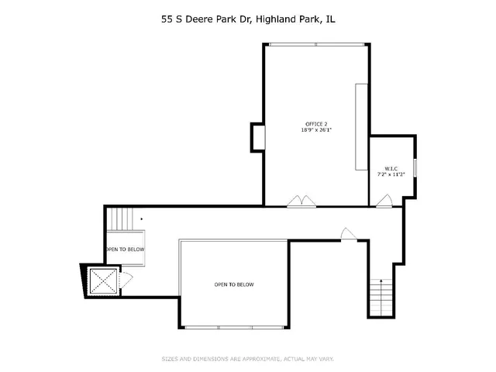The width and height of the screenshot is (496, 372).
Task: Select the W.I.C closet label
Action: click(x=391, y=168)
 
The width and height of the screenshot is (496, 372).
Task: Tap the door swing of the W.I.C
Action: click(x=384, y=202)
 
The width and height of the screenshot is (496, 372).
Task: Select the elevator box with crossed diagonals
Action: click(x=102, y=281)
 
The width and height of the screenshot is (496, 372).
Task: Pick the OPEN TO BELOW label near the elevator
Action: click(x=125, y=250)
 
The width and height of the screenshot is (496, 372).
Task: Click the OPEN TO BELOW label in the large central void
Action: click(x=234, y=284)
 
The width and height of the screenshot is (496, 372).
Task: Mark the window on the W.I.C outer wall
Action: click(x=415, y=167)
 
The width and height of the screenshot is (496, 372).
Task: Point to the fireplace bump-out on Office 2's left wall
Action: click(x=257, y=137)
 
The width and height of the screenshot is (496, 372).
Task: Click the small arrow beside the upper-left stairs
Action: click(x=141, y=219)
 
